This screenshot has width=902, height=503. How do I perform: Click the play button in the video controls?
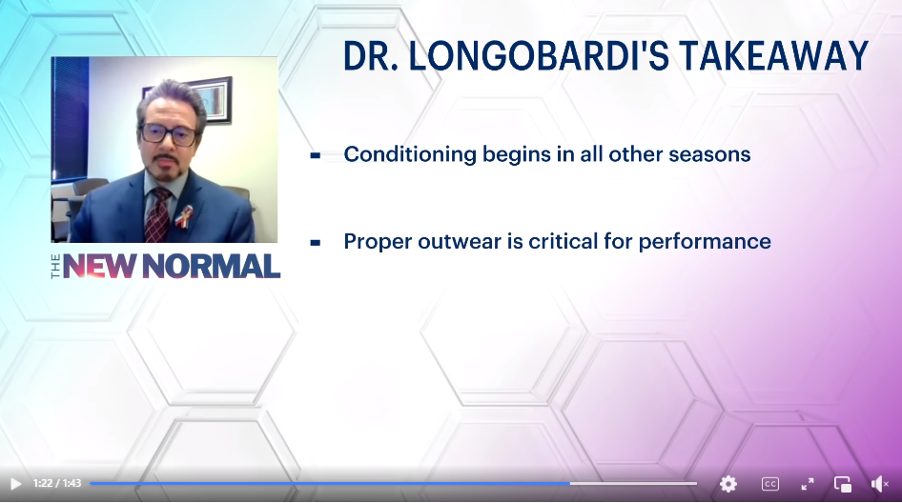(x=16, y=484)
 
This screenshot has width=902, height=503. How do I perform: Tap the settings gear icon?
(x=728, y=484)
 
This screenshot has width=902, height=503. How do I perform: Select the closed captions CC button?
(x=770, y=484)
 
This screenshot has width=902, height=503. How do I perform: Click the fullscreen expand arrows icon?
(x=808, y=484)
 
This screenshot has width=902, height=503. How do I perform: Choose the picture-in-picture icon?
(x=843, y=484)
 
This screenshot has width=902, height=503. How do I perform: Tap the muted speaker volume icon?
(x=879, y=484)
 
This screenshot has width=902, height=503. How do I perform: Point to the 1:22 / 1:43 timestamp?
(x=57, y=483)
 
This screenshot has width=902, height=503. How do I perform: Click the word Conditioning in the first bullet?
(x=410, y=154)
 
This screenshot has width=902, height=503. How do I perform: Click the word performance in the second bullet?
(x=705, y=242)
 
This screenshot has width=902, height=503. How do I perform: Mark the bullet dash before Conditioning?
(x=316, y=154)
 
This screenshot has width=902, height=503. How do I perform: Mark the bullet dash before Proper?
(x=316, y=243)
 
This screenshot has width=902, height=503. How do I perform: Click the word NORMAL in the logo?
(x=211, y=267)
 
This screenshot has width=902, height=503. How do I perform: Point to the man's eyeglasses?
(x=168, y=134)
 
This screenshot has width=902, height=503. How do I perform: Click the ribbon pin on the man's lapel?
(x=183, y=216)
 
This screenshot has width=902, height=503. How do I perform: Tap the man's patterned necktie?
(x=157, y=214)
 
